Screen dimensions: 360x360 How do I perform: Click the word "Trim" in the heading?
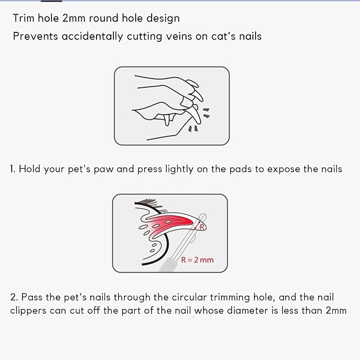coord(24,18)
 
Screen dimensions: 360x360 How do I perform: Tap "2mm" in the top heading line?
coord(74,18)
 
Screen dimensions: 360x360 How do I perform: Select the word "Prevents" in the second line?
coord(36,36)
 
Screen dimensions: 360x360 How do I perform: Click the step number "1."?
coord(12,169)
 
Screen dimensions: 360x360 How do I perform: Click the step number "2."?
coord(14,297)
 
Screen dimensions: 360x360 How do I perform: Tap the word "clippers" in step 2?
coord(28,311)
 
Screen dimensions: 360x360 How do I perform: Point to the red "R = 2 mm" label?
coord(197,260)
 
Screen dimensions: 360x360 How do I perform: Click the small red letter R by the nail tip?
coord(202,227)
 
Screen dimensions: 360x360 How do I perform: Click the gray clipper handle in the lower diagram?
coord(168,265)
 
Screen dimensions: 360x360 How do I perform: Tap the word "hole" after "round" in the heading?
coord(132,18)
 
